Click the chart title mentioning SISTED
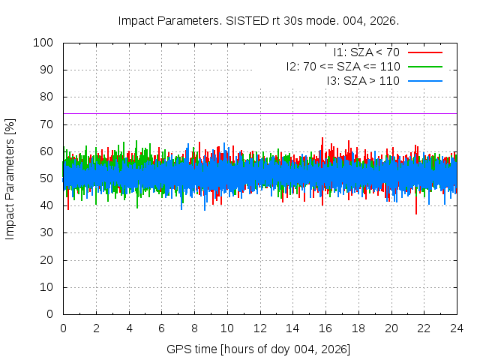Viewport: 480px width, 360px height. click(x=258, y=20)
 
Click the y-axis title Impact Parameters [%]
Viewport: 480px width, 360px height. click(x=10, y=178)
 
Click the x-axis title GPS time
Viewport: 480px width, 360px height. click(x=258, y=349)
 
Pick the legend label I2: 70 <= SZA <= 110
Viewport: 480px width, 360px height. click(x=343, y=66)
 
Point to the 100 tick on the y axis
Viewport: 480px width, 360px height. click(x=46, y=43)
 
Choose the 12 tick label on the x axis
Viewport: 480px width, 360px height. click(x=259, y=328)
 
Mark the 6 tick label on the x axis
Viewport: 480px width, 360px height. click(x=161, y=328)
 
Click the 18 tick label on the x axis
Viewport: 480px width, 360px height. click(x=358, y=328)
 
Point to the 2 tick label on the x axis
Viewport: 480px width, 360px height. click(x=96, y=328)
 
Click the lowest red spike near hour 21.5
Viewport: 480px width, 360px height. click(x=416, y=214)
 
